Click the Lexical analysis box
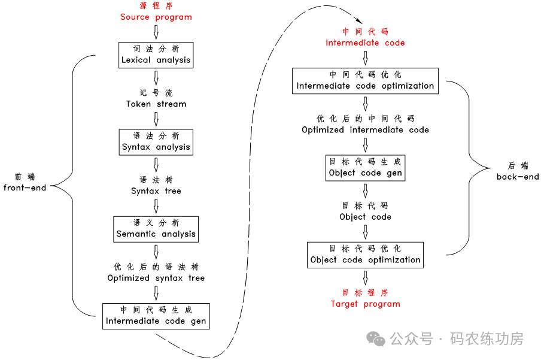(x=156, y=54)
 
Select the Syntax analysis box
(x=156, y=141)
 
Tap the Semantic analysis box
(x=156, y=228)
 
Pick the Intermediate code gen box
(x=156, y=316)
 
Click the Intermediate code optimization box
(x=365, y=80)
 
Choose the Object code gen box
(x=365, y=167)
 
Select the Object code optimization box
(x=365, y=255)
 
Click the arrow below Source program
(x=156, y=32)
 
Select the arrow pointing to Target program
(x=365, y=277)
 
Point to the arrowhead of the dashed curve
(x=344, y=23)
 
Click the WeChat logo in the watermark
(x=376, y=339)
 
